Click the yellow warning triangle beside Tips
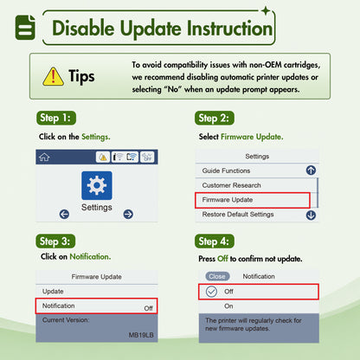point(53,77)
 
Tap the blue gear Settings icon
point(97,185)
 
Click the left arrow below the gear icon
point(64,215)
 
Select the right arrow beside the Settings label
point(128,215)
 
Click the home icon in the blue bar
point(44,157)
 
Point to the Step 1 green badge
point(56,118)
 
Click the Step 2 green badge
point(215,118)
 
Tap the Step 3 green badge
point(55,241)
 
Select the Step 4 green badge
point(215,241)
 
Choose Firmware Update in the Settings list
point(228,200)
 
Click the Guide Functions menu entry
point(226,170)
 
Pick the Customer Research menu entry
point(231,185)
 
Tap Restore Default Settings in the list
point(238,215)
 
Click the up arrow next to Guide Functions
point(311,170)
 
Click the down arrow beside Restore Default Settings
point(311,215)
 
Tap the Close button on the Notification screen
point(217,276)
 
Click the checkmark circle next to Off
point(211,292)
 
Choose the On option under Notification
point(228,306)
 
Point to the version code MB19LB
point(141,335)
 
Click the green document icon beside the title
point(25,28)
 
